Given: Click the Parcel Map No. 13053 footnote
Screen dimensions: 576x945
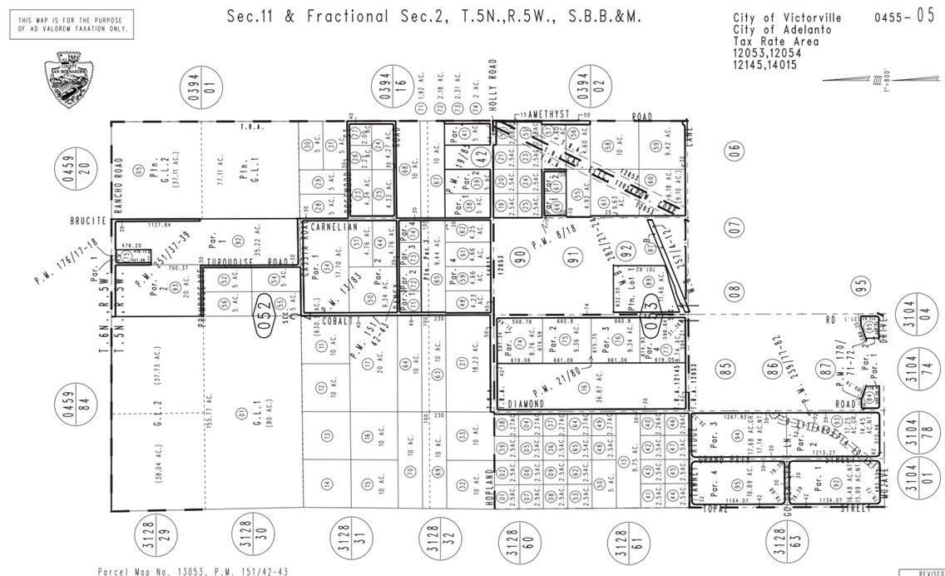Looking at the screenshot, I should [194, 572].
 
